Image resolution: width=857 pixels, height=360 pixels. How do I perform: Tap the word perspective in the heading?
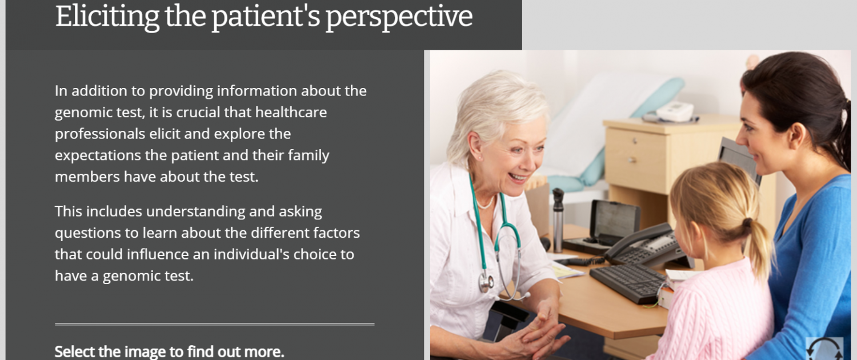399,18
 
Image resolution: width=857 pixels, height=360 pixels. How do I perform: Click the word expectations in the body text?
98,156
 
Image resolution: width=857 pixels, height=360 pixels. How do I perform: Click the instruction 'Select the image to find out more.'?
169,351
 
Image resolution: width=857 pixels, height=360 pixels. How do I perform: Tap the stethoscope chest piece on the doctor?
486,282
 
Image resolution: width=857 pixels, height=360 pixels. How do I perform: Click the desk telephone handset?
638,240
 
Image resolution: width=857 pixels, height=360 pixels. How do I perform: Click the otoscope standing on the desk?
558,219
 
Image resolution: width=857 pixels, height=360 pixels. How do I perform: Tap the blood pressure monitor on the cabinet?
674,111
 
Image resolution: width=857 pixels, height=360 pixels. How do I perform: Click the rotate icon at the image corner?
824,348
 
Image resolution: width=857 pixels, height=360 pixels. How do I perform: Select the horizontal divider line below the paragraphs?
214,324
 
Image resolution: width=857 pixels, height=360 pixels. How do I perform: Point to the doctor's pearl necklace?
486,203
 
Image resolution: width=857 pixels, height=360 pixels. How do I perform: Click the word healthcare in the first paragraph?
291,113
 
